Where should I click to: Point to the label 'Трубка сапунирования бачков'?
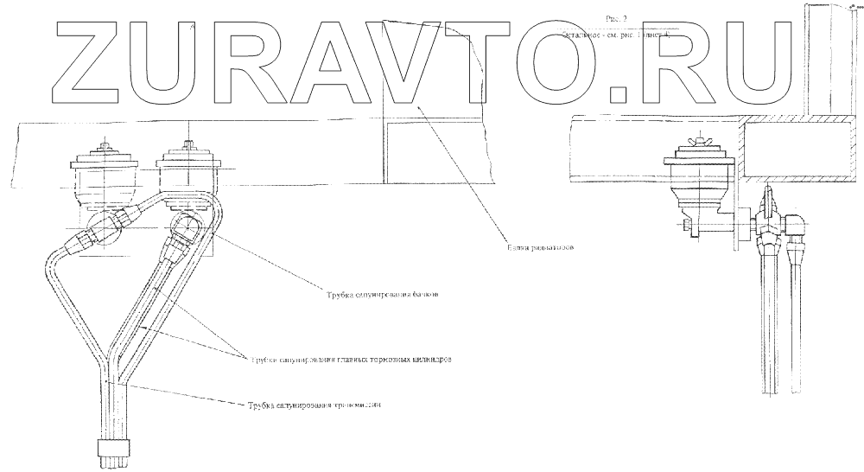click(379, 295)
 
